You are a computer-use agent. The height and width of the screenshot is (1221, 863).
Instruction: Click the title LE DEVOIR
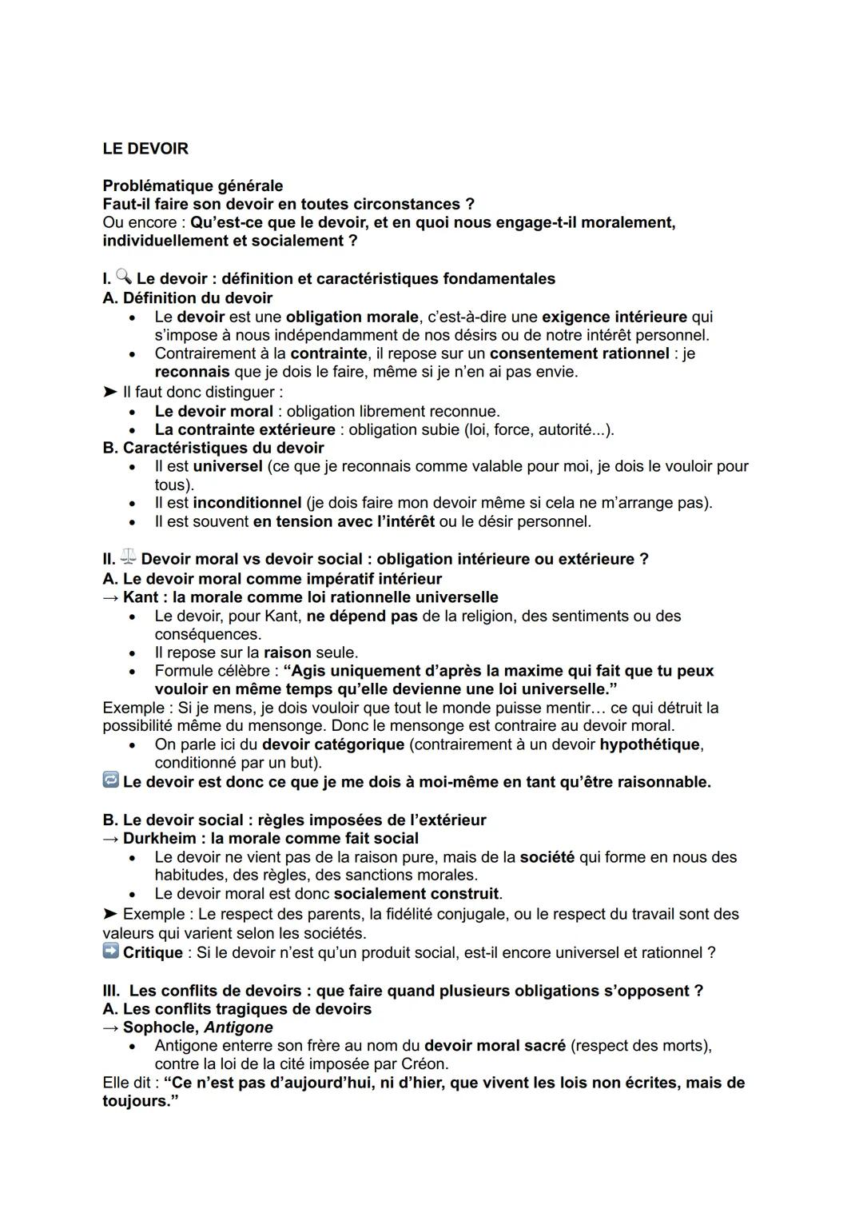pyautogui.click(x=145, y=149)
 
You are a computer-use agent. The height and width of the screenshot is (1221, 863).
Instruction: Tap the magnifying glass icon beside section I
pyautogui.click(x=123, y=277)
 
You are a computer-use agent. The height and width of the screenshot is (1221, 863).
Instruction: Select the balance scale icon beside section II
pyautogui.click(x=128, y=557)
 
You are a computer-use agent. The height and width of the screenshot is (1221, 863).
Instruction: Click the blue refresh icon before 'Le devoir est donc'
pyautogui.click(x=111, y=780)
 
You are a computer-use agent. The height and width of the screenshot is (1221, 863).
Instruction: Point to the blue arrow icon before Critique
pyautogui.click(x=111, y=951)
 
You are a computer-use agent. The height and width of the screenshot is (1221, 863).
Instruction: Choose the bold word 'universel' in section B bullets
pyautogui.click(x=228, y=466)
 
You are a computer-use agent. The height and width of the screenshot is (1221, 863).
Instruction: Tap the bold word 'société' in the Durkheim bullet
pyautogui.click(x=547, y=857)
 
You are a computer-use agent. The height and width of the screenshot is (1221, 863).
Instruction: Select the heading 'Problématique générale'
pyautogui.click(x=193, y=186)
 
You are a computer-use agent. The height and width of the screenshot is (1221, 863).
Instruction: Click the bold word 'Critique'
pyautogui.click(x=153, y=952)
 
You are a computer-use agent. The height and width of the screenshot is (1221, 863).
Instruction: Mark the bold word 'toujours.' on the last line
pyautogui.click(x=136, y=1101)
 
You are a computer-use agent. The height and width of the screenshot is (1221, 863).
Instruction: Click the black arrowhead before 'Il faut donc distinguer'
pyautogui.click(x=109, y=392)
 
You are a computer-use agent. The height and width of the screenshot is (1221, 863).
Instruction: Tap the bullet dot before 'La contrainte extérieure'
pyautogui.click(x=133, y=430)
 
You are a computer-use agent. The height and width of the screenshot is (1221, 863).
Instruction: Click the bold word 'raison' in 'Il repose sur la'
pyautogui.click(x=287, y=652)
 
